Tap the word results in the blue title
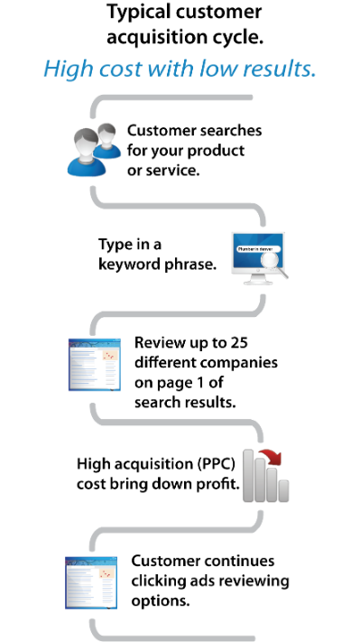[x=282, y=70]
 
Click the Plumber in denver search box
[x=258, y=247]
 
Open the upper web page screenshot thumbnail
[x=94, y=364]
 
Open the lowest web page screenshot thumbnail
[x=91, y=582]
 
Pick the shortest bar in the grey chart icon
[x=283, y=490]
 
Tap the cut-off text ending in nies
[x=263, y=363]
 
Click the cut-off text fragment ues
[x=263, y=562]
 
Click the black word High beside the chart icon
[x=88, y=464]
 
